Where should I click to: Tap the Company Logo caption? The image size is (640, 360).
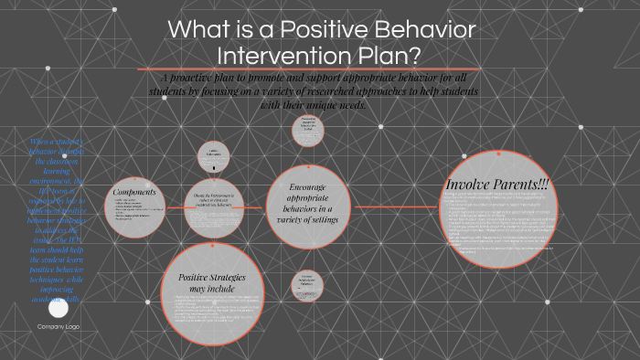[x=58, y=327]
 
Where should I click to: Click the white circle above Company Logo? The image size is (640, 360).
[x=58, y=309]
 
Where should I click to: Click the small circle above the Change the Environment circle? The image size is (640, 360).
[x=214, y=154]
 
